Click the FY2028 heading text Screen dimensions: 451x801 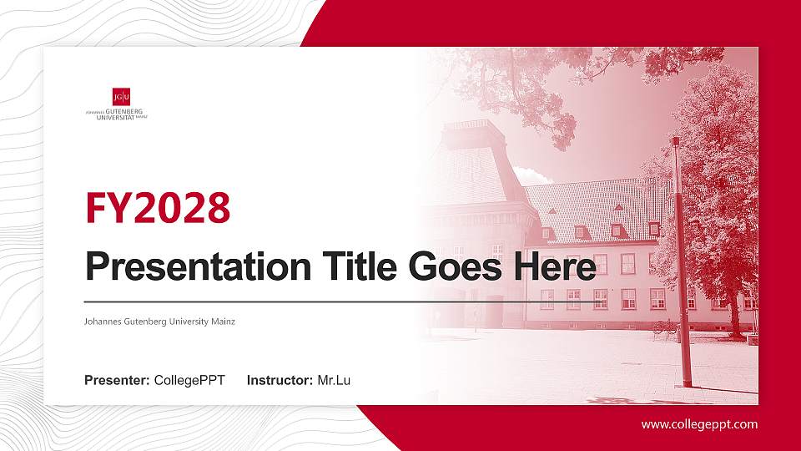point(158,208)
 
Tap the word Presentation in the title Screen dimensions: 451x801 point(189,266)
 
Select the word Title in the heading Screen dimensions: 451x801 point(347,266)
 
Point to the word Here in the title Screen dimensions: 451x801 point(556,266)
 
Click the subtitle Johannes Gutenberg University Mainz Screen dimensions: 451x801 point(159,321)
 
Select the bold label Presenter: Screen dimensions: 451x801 point(117,381)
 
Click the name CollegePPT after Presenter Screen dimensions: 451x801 point(189,381)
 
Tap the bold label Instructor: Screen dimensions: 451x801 point(280,381)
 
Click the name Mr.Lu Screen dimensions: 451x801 point(334,381)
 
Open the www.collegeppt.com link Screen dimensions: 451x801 point(699,424)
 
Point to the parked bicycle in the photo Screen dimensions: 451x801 point(665,327)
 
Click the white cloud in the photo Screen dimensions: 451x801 point(531,176)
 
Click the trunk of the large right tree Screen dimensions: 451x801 point(735,309)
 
